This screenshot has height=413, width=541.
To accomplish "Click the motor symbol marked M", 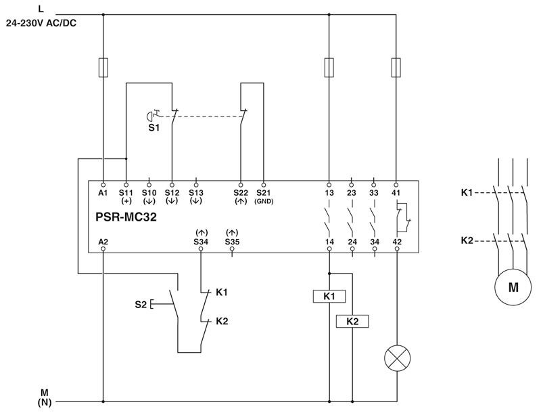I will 513,287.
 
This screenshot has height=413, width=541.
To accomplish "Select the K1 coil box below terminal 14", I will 329,296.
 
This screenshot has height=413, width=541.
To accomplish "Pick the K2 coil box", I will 352,321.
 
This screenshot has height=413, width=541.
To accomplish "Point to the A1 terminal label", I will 103,193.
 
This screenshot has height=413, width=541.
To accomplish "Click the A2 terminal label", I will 103,241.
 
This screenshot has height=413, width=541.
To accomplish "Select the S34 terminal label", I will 201,241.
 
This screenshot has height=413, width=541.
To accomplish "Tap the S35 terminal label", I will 232,241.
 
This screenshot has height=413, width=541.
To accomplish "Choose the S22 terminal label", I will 240,193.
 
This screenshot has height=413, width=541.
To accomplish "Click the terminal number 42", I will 396,241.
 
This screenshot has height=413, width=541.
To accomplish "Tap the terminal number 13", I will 329,193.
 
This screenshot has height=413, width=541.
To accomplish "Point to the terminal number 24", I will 352,241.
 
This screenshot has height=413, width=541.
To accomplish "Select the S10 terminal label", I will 149,193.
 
